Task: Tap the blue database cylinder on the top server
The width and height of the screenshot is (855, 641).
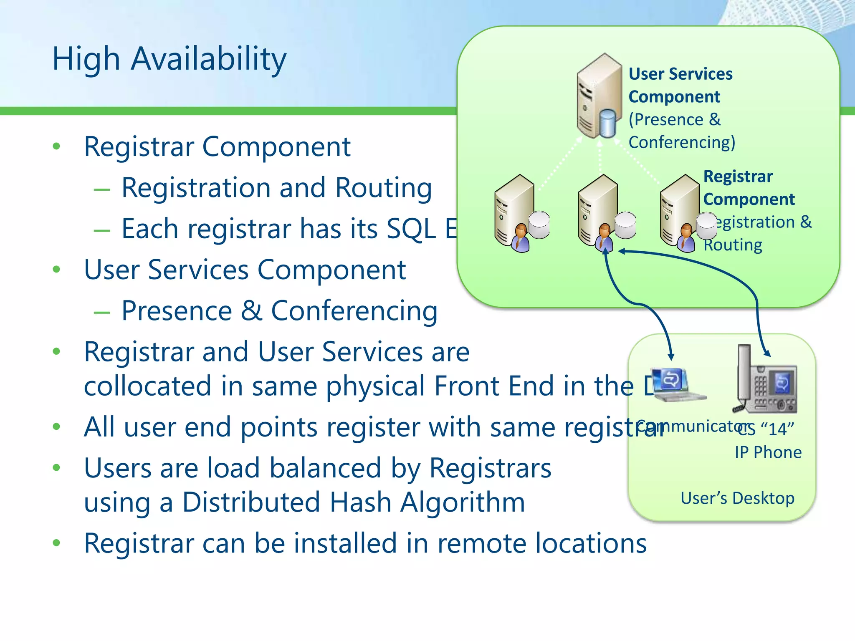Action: coord(608,123)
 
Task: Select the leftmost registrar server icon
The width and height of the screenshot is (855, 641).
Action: coord(514,209)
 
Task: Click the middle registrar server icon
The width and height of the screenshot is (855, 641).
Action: coord(598,209)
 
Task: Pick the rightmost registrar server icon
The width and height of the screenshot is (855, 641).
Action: coord(680,209)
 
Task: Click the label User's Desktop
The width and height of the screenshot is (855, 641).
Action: coord(737,498)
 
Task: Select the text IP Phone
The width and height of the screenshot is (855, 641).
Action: coord(768,452)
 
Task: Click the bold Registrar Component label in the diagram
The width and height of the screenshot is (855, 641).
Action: coord(748,188)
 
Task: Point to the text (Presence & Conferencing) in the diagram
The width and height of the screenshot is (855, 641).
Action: coord(681,131)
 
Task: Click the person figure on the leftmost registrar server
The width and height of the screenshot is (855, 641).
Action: coord(521,239)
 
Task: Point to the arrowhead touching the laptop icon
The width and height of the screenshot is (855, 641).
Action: coord(671,357)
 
